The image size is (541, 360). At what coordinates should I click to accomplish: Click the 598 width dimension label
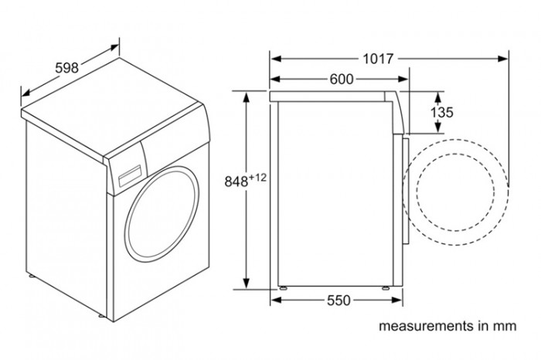[67, 67]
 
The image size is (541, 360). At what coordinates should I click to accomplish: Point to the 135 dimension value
[441, 113]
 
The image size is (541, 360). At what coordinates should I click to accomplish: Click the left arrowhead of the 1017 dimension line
[274, 58]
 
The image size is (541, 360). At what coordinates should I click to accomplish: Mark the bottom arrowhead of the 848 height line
[247, 284]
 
